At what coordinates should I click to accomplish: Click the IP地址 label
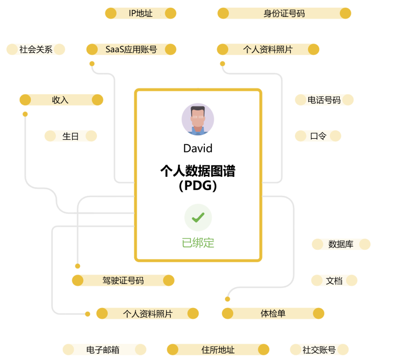pos(140,14)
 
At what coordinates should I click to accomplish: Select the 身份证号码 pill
pos(284,14)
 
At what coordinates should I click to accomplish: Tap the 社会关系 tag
pos(36,50)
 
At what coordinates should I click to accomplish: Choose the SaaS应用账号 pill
pos(131,50)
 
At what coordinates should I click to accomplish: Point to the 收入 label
pos(61,100)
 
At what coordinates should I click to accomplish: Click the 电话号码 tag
pos(324,100)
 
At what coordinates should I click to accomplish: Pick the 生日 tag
pos(71,136)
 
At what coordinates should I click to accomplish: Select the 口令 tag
pos(318,136)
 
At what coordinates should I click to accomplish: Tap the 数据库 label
pos(341,245)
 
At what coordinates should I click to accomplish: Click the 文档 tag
pos(334,281)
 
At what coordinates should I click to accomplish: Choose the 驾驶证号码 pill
pos(123,281)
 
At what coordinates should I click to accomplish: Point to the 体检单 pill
pos(273,314)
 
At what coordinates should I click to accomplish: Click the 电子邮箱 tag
pos(104,350)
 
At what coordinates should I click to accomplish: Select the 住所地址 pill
pos(218,350)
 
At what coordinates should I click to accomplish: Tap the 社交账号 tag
pos(319,350)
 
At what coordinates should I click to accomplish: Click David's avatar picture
pos(198,119)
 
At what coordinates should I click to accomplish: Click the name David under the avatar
pos(198,148)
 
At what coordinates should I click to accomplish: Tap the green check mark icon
pos(198,218)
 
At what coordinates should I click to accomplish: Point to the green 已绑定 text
pos(198,243)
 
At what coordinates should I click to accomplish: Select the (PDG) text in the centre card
pos(198,186)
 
